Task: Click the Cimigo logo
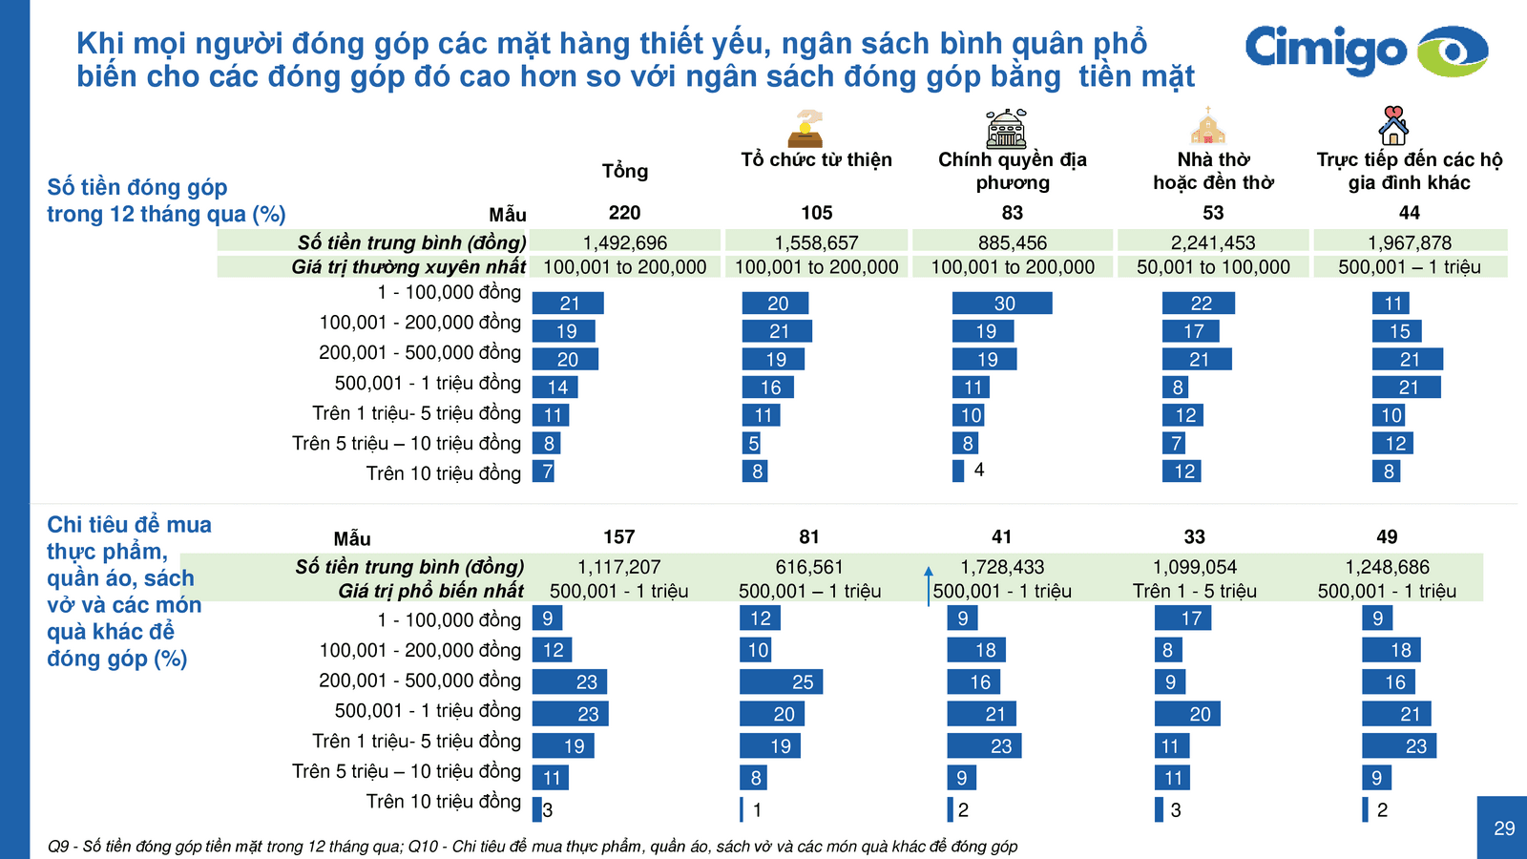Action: point(1365,50)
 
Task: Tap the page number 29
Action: point(1504,828)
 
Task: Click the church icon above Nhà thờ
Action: point(1207,126)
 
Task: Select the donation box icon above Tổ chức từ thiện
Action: point(805,129)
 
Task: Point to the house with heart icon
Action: point(1393,125)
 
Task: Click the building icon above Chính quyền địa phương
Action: point(1006,128)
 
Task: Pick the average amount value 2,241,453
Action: point(1213,242)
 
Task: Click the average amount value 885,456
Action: point(1012,242)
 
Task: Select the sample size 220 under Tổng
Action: point(624,213)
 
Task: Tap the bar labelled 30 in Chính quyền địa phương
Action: point(1002,304)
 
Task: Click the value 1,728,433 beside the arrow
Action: point(1002,567)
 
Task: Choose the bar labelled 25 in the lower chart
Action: point(781,682)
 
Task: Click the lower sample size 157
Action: point(618,537)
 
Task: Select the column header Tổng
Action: point(624,171)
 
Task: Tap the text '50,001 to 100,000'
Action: point(1213,267)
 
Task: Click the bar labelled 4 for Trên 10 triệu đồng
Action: point(958,471)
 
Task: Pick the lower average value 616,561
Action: point(809,567)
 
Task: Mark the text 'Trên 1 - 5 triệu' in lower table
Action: point(1194,591)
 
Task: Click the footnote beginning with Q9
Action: point(533,847)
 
